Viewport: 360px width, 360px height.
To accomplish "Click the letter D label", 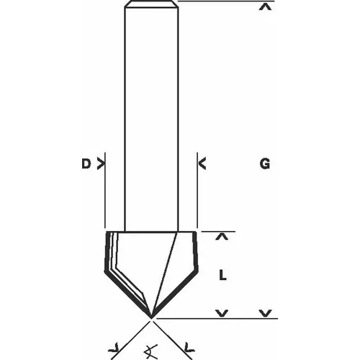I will click(x=85, y=165).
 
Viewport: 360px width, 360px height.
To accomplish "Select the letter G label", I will click(x=265, y=165).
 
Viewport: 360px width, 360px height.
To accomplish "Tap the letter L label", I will click(x=223, y=274).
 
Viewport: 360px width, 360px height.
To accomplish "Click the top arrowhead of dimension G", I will click(x=266, y=8).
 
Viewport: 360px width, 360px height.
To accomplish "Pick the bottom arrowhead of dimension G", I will click(x=266, y=313).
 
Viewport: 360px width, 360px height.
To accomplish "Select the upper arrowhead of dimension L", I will click(x=222, y=235).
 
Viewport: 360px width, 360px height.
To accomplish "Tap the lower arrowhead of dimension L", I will click(x=222, y=313).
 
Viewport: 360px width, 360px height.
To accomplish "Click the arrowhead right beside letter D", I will click(x=100, y=165).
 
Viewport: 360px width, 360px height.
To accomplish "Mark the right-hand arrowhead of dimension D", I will click(x=202, y=165).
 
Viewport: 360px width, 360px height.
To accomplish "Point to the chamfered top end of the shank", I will click(x=152, y=6).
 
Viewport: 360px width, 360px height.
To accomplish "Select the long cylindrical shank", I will click(x=152, y=115).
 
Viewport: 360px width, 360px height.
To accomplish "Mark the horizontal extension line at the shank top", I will click(x=216, y=3).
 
